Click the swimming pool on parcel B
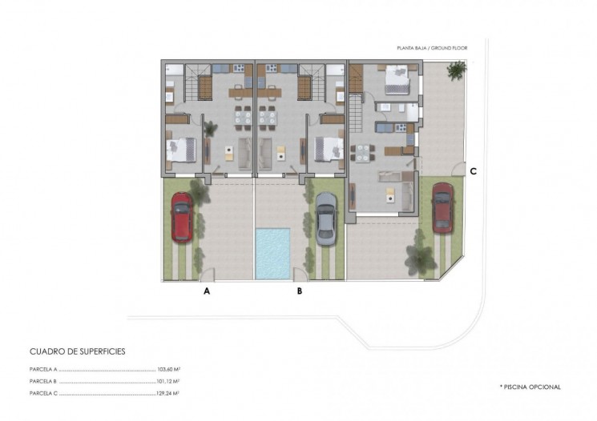(x=272, y=254)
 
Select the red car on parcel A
(x=182, y=217)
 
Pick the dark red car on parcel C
(x=442, y=207)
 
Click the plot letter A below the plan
(x=207, y=291)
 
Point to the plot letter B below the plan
(x=300, y=291)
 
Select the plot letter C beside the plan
(x=474, y=171)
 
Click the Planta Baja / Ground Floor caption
(x=432, y=48)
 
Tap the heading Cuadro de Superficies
(x=77, y=351)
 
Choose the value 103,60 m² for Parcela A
(x=168, y=369)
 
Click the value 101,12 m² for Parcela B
(x=168, y=382)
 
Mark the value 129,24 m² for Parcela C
(x=168, y=394)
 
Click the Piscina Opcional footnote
(x=530, y=387)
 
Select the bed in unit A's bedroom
(x=181, y=150)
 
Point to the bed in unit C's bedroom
(x=397, y=80)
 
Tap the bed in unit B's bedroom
(x=329, y=149)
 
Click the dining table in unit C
(x=362, y=152)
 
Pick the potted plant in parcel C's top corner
(x=457, y=70)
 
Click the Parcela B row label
(x=43, y=382)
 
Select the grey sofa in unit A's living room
(x=244, y=154)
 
